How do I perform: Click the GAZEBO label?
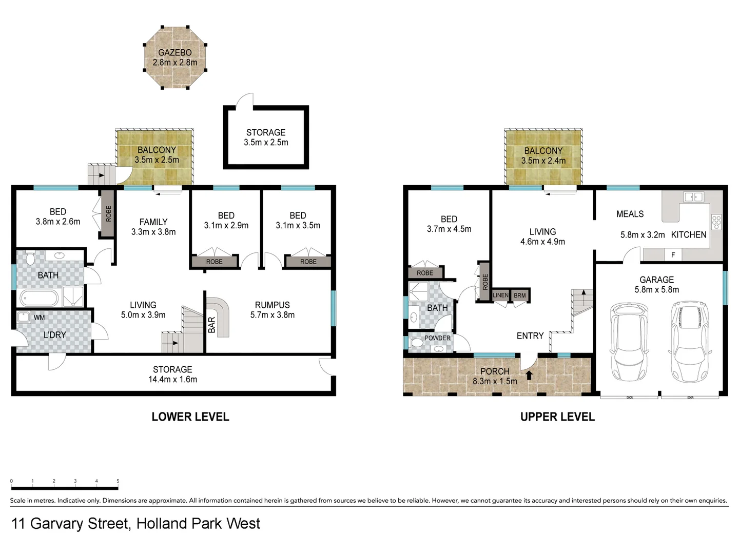click(174, 52)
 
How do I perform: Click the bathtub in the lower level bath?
click(39, 298)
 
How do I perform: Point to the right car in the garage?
click(689, 339)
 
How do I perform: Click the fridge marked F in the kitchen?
click(673, 254)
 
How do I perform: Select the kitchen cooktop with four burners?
click(716, 222)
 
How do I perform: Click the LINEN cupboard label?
click(500, 295)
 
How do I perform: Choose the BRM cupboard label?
click(520, 295)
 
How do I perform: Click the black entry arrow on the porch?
click(529, 374)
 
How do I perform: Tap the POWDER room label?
click(437, 338)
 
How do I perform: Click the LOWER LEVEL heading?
click(190, 417)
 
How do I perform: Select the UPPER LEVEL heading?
click(557, 417)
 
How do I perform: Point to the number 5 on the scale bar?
click(118, 481)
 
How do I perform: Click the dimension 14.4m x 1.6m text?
click(172, 380)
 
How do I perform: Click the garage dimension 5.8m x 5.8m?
click(656, 290)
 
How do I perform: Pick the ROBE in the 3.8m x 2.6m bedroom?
click(107, 213)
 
